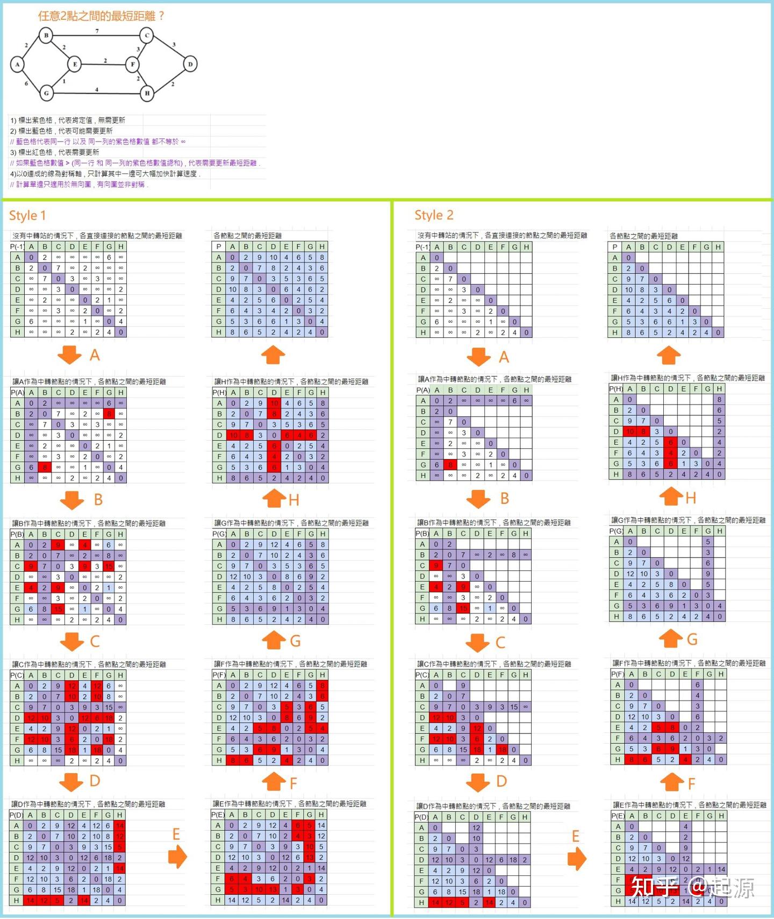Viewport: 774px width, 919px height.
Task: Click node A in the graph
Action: [17, 65]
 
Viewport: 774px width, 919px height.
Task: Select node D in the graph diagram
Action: [190, 65]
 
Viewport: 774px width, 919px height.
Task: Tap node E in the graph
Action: [75, 65]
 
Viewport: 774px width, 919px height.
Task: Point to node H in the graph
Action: [147, 93]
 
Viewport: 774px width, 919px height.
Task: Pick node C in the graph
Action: [147, 36]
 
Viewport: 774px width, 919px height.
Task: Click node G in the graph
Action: [46, 93]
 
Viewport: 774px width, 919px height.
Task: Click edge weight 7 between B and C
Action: [97, 31]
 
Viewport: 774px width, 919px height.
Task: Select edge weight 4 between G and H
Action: [97, 89]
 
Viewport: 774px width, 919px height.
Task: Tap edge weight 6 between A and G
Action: [26, 83]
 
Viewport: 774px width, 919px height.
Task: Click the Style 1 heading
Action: [27, 216]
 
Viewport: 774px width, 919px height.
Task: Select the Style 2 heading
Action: [434, 215]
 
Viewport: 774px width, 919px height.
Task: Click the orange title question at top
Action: [101, 16]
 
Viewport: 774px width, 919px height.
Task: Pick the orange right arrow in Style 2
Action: [577, 859]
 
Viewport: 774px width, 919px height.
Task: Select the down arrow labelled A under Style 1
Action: [70, 355]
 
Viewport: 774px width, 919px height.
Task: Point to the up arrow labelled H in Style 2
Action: [671, 496]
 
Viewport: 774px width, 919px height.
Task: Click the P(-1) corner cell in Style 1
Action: [17, 246]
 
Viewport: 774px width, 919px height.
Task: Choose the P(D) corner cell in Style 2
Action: [421, 817]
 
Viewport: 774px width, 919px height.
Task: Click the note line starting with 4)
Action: [105, 174]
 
